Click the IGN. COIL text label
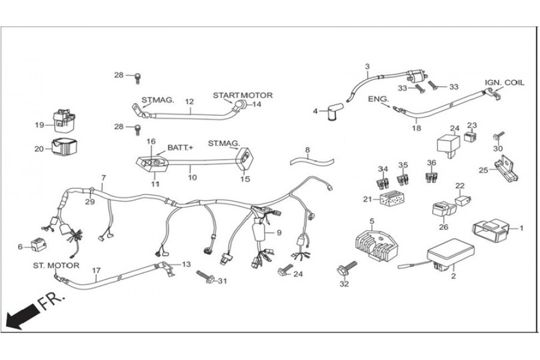point(504,82)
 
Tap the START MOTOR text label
point(243,95)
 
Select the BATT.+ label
point(181,147)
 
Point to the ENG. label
point(378,98)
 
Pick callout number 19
point(40,125)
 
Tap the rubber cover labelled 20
point(64,147)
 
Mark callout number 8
point(307,150)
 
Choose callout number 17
point(96,270)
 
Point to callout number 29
point(89,202)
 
